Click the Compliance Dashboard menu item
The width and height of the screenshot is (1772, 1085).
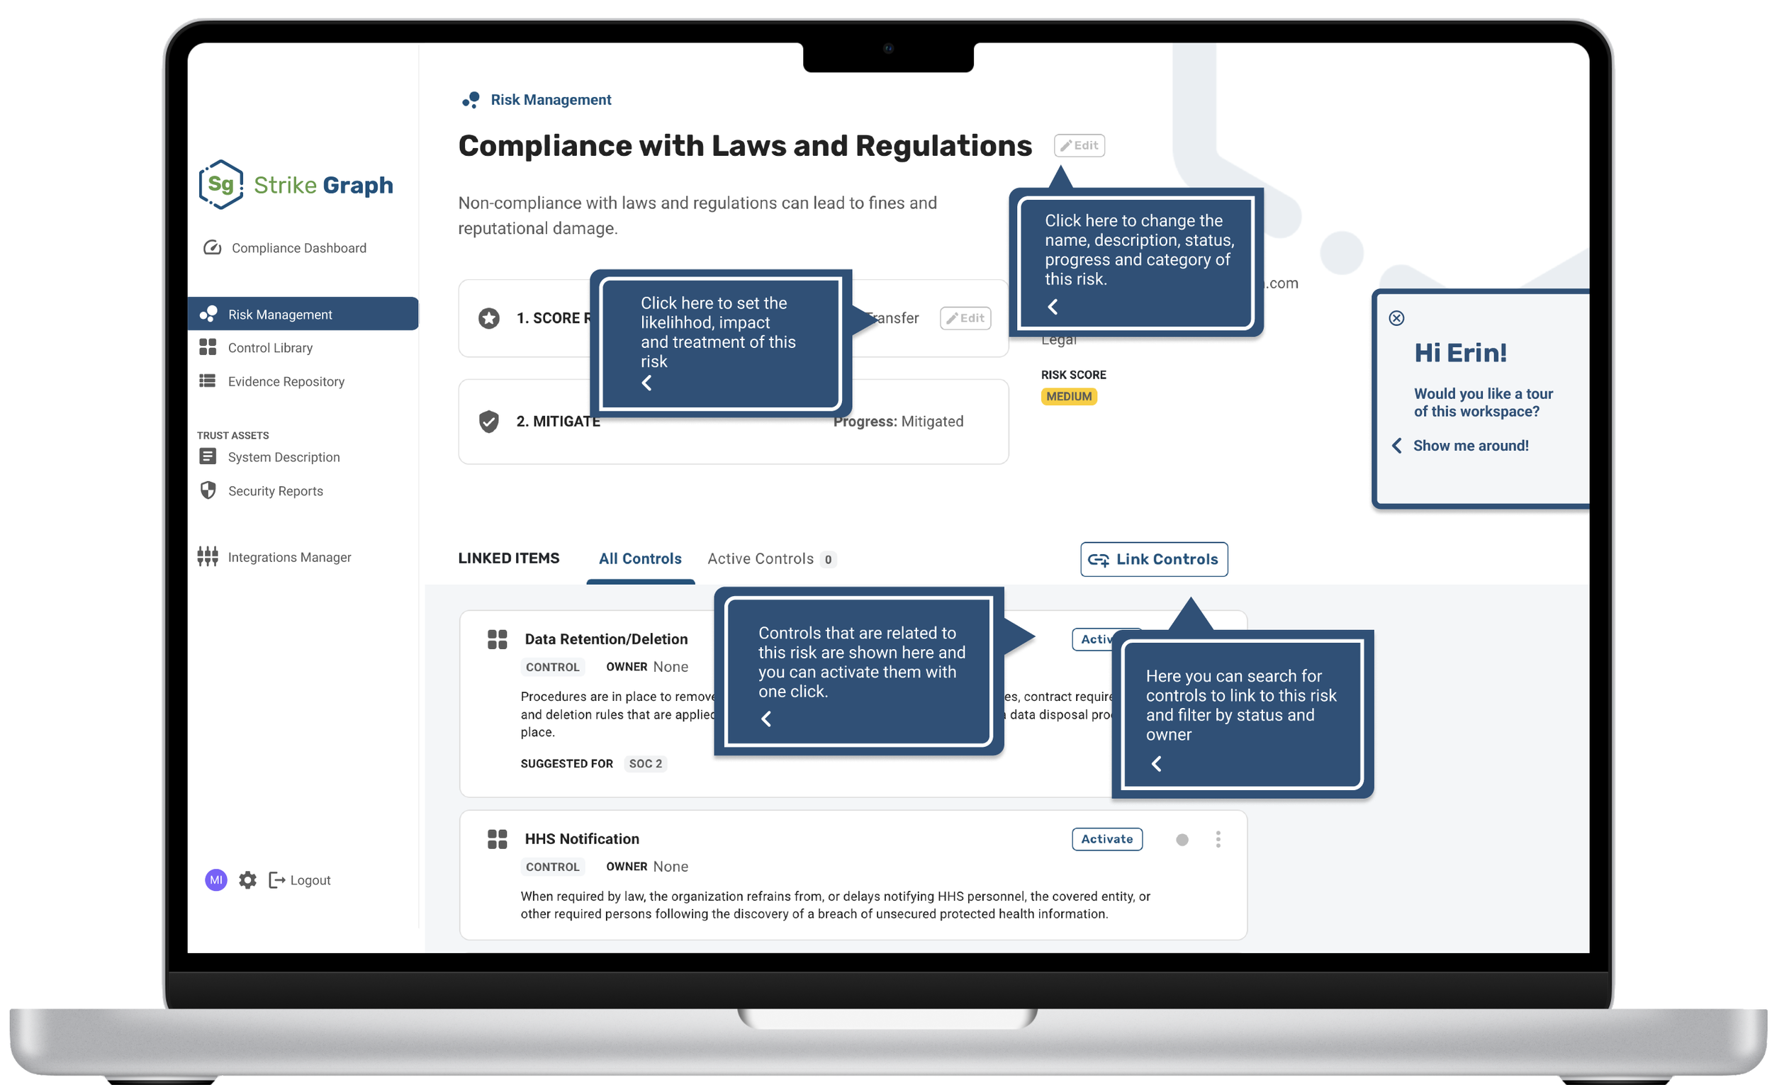[298, 248]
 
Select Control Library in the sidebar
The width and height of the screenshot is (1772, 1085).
[269, 348]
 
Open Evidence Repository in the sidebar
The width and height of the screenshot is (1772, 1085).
[286, 382]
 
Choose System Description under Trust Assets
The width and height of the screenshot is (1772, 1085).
[284, 457]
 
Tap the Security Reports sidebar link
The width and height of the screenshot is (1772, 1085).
[275, 491]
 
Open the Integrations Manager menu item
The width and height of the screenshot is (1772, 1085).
[289, 557]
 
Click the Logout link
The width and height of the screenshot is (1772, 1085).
[309, 880]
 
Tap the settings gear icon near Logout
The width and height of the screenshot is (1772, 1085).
[247, 880]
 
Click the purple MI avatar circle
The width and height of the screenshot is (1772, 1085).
[215, 880]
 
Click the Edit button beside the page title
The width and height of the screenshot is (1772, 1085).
[1079, 145]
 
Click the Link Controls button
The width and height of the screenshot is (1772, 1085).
[1153, 559]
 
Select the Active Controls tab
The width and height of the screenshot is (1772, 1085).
[760, 558]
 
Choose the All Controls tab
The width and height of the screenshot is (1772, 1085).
[640, 558]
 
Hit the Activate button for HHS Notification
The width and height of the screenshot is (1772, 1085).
[1106, 839]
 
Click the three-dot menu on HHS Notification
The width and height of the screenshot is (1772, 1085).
[1218, 839]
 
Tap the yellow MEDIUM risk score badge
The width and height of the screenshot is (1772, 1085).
[1069, 396]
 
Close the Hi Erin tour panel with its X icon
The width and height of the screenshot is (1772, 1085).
[1396, 317]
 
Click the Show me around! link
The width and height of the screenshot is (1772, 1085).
[1470, 446]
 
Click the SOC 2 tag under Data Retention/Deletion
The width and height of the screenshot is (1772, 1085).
[645, 763]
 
